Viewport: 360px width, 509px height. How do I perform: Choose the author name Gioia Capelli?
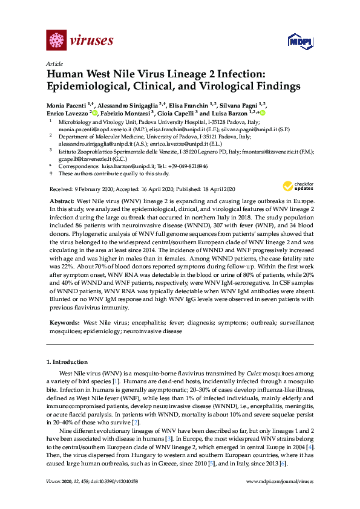(x=176, y=112)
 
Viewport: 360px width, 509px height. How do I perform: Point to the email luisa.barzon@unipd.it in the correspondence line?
(x=120, y=166)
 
